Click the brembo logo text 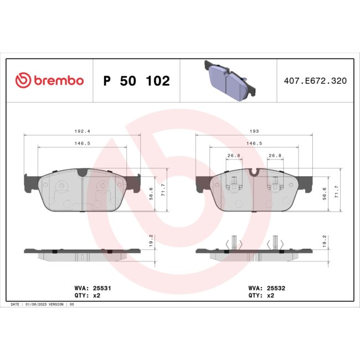(x=58, y=80)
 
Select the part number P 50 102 (x=136, y=81)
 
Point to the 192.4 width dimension (x=82, y=131)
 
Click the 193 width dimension (x=254, y=131)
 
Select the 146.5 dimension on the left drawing (x=82, y=143)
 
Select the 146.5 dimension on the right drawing (x=254, y=143)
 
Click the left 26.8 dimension (x=234, y=156)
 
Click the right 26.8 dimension (x=275, y=156)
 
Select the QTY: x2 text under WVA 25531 (x=87, y=296)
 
